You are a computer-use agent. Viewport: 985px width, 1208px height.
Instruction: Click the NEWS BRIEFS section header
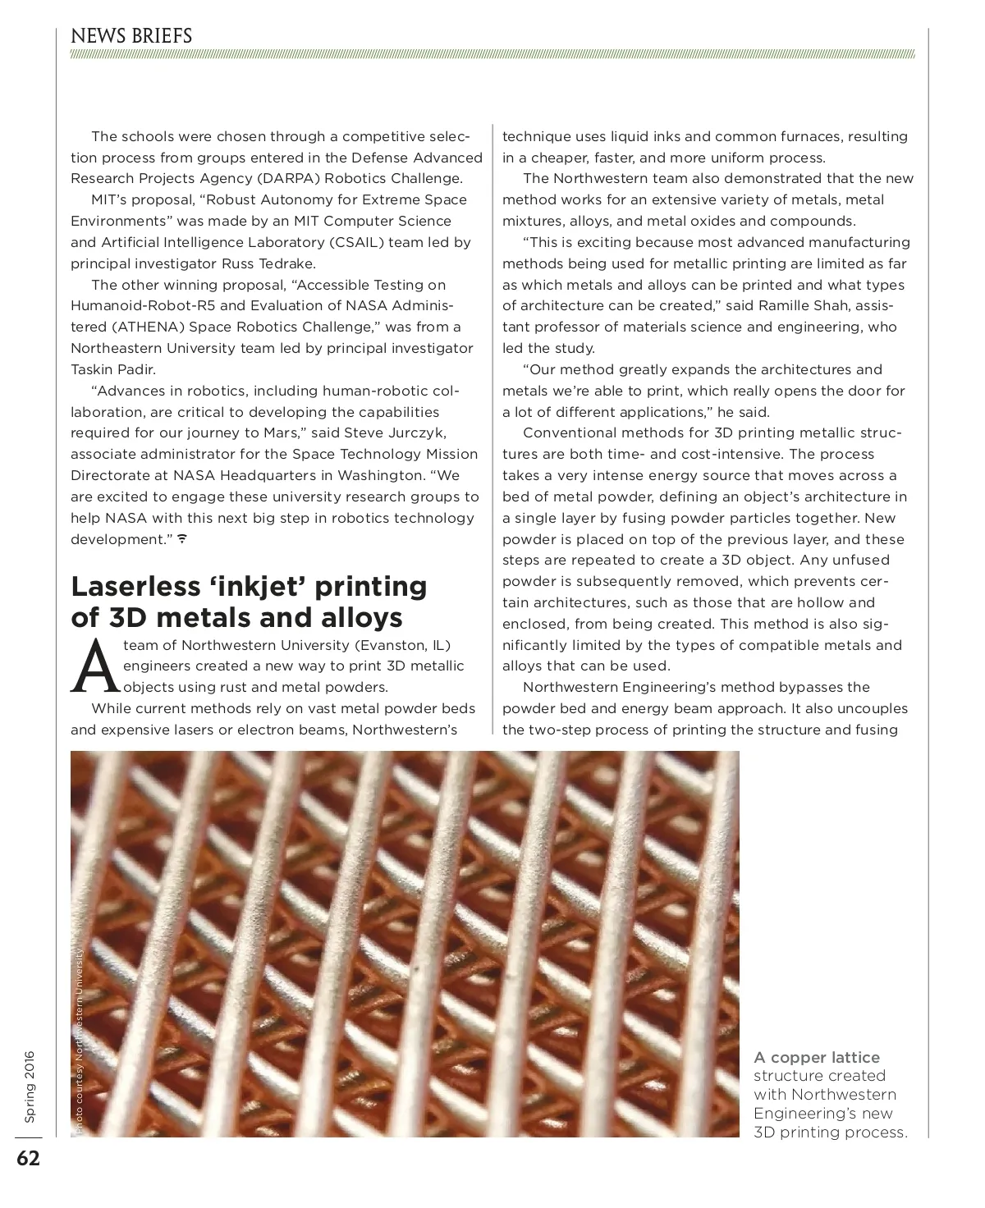[131, 36]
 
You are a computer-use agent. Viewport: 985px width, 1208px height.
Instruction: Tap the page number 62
[28, 1158]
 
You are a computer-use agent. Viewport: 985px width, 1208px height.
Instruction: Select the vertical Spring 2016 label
[30, 1087]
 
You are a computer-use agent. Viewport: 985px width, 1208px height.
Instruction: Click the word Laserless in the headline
[136, 586]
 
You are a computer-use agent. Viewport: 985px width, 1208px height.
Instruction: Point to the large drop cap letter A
[93, 665]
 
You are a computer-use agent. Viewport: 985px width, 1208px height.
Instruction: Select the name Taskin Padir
[112, 369]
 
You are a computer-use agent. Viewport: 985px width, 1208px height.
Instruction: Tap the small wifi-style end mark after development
[182, 539]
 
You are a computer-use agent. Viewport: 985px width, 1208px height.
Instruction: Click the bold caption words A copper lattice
[817, 1057]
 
